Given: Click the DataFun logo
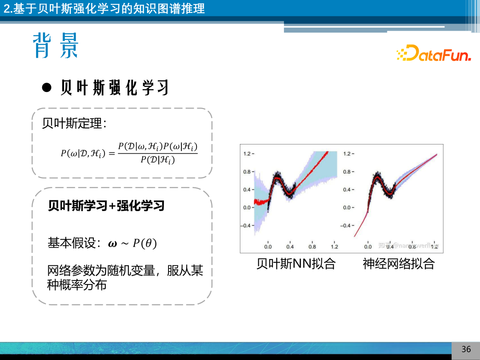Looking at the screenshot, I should [x=433, y=54].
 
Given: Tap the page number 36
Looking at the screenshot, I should [x=466, y=349].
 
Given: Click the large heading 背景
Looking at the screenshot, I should [x=55, y=45].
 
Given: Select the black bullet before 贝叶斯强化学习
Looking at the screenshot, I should [x=47, y=87].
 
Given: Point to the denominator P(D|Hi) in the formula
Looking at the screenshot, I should [x=157, y=160].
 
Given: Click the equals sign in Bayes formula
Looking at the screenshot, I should [x=111, y=153].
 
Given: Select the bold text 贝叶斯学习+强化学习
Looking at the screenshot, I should [x=106, y=206].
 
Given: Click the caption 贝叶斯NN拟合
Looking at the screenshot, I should [x=296, y=264].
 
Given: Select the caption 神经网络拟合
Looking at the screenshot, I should [x=398, y=264].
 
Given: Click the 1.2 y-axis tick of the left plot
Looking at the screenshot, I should [x=248, y=154].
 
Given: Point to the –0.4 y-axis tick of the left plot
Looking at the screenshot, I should [x=247, y=225].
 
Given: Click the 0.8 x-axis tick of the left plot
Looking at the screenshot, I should [x=312, y=247].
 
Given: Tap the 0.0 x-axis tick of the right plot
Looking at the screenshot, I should [x=368, y=247].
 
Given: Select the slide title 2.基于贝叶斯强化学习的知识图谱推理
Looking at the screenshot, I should [x=104, y=8].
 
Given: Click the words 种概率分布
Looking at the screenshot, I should [x=77, y=285].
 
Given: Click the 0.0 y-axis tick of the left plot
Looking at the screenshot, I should [x=248, y=208].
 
